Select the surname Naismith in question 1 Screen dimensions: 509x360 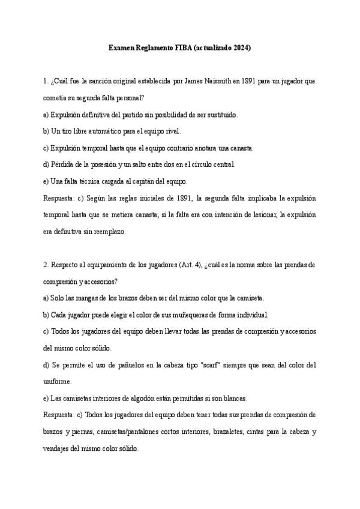[211, 80]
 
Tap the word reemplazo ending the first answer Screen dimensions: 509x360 [108, 231]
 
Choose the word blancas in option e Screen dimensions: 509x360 [235, 398]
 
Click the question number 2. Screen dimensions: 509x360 [46, 265]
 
